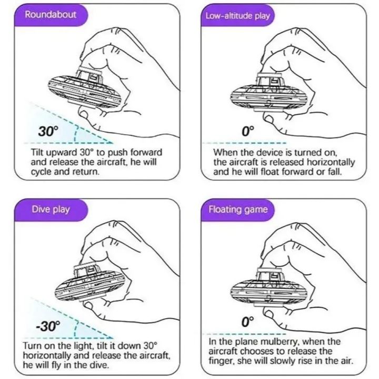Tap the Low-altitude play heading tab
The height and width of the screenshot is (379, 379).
point(237,15)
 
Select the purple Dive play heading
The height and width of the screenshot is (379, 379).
point(51,209)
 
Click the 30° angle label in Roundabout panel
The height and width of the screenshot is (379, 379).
point(48,131)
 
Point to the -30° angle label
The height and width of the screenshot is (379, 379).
point(48,326)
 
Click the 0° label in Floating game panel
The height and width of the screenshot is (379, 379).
point(248,321)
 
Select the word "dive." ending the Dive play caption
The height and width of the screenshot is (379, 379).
point(98,365)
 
